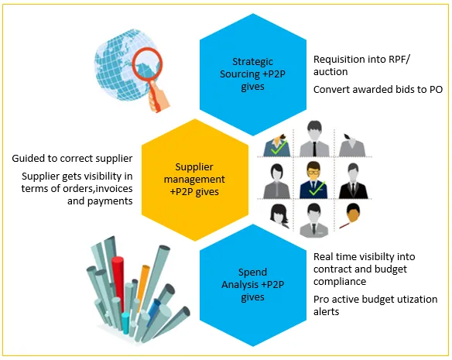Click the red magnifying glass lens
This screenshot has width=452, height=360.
(x=147, y=63)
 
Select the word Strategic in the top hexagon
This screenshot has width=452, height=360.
(x=252, y=62)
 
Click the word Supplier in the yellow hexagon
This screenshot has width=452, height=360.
(x=194, y=167)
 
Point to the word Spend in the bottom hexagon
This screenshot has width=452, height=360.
(x=252, y=273)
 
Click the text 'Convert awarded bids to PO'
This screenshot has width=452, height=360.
(x=378, y=90)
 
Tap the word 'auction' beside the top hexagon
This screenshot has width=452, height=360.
(x=330, y=72)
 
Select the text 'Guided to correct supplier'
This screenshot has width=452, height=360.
(x=72, y=159)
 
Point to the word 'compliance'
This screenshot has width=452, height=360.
(x=340, y=282)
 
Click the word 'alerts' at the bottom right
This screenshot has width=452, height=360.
(x=326, y=312)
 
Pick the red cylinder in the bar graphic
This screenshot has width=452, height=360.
(x=118, y=283)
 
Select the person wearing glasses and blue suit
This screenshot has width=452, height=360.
(x=313, y=180)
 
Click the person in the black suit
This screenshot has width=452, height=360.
(x=353, y=181)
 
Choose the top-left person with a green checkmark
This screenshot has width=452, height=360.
(x=277, y=146)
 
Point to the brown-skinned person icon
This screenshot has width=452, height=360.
(x=351, y=216)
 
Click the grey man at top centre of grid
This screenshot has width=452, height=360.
(x=314, y=139)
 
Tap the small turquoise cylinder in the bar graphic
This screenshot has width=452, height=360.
(x=125, y=323)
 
